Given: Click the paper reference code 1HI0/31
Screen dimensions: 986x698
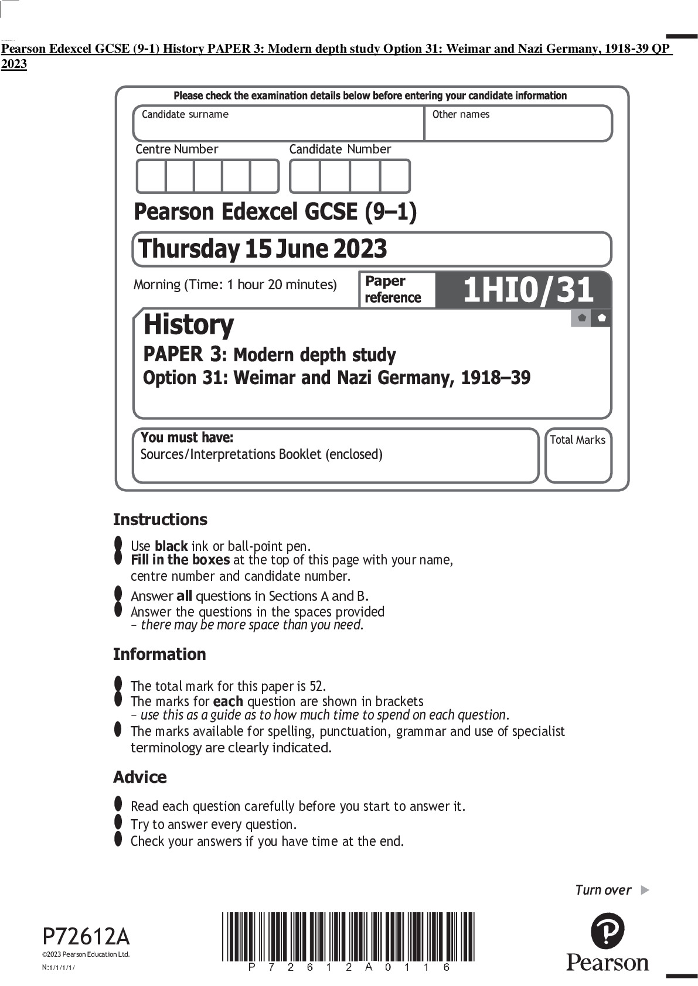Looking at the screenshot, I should [528, 290].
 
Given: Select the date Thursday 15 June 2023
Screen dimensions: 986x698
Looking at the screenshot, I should [263, 249].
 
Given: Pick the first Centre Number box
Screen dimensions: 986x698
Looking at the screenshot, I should [151, 176].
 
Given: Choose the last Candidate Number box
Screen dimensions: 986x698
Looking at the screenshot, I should [394, 176].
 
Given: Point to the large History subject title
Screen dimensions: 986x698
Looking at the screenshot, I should [188, 324].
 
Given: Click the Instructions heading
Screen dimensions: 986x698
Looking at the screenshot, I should [160, 519].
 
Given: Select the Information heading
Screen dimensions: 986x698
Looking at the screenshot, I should [159, 654].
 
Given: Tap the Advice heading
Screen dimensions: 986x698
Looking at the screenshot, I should [140, 777].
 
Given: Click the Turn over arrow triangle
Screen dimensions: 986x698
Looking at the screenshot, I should [645, 890].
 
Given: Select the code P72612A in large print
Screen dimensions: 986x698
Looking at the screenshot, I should [86, 937].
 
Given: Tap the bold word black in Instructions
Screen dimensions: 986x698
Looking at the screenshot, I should [171, 546].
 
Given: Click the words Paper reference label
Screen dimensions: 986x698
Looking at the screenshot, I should [393, 289].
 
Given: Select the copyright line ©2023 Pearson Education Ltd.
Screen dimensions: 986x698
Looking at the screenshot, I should [86, 954].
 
